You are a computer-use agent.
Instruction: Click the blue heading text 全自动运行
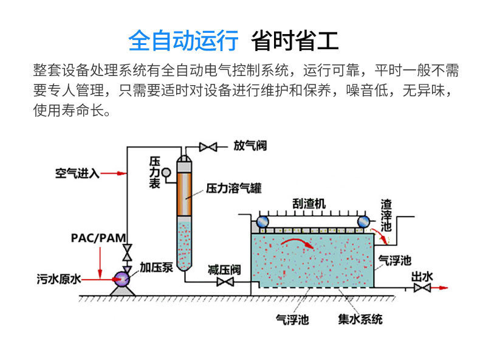pos(183,41)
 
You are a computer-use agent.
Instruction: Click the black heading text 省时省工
pos(295,41)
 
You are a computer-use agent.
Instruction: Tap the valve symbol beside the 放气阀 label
pos(208,147)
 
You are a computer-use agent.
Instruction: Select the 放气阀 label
pos(250,145)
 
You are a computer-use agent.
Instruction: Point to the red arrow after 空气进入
pos(113,173)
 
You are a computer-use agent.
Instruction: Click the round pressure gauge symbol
pos(166,173)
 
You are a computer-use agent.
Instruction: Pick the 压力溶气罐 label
pos(234,188)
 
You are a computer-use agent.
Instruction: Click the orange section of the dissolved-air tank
pos(184,194)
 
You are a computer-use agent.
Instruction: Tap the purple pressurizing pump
pos(122,279)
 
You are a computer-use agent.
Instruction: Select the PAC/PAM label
pos(98,238)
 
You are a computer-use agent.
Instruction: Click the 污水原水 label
pos(59,279)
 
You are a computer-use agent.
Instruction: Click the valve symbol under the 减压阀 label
pos(225,282)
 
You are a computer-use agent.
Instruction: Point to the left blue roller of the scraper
pos(262,222)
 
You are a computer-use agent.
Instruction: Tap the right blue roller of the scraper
pos(363,222)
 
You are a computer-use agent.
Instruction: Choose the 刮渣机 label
pos(309,204)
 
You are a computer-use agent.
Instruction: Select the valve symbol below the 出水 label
pos(422,288)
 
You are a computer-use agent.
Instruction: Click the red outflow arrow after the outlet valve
pos(439,288)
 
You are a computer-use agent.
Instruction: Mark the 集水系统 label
pos(360,319)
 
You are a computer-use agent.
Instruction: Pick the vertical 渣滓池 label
pos(386,215)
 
